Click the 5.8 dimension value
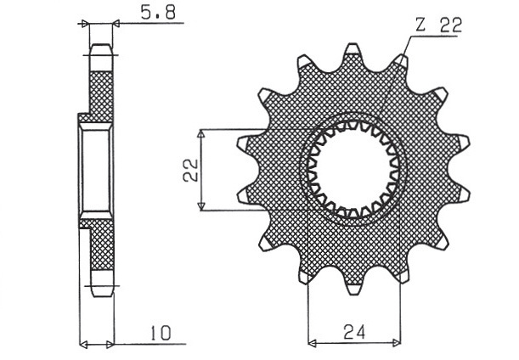[x=158, y=14]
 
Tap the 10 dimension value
[x=161, y=333]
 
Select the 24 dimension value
[x=354, y=332]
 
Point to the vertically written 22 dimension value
[x=191, y=170]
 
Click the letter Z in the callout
[x=420, y=25]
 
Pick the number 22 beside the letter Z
[x=450, y=25]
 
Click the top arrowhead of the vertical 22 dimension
[x=201, y=133]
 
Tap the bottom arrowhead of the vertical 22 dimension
[x=201, y=205]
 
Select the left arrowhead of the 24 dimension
[x=312, y=342]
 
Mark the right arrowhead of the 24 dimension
[x=396, y=342]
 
